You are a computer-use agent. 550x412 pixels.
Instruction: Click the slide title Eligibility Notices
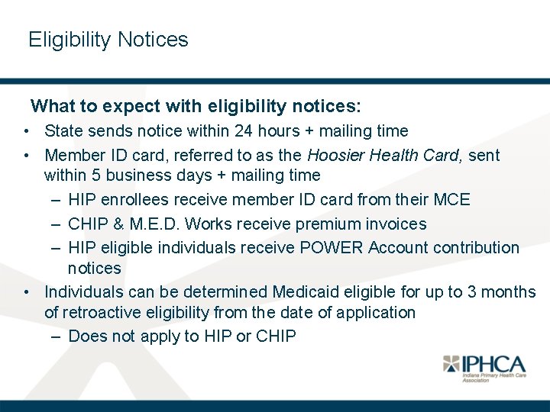pyautogui.click(x=108, y=40)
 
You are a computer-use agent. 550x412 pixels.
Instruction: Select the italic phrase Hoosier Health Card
pyautogui.click(x=384, y=155)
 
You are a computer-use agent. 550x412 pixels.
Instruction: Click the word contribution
pyautogui.click(x=474, y=248)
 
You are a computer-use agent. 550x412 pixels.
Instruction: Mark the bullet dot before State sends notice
pyautogui.click(x=27, y=131)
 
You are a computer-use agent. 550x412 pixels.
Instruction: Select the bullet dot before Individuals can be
pyautogui.click(x=27, y=292)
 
